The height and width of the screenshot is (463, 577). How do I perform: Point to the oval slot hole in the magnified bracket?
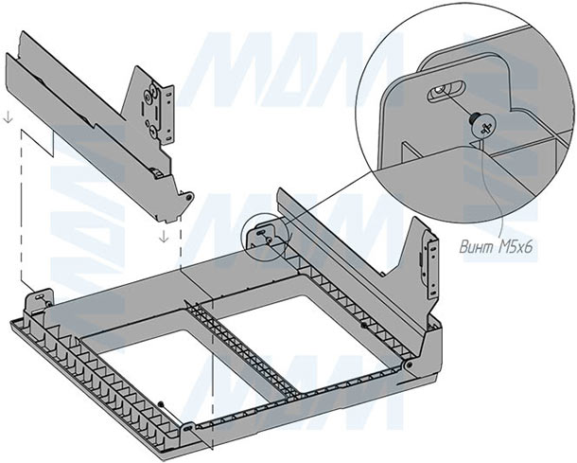442,92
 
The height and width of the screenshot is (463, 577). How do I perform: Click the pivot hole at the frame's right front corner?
408,365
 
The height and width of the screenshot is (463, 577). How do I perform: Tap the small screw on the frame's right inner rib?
362,326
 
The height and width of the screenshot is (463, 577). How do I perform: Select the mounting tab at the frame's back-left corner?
40,297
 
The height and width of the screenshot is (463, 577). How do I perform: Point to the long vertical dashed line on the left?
21,208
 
